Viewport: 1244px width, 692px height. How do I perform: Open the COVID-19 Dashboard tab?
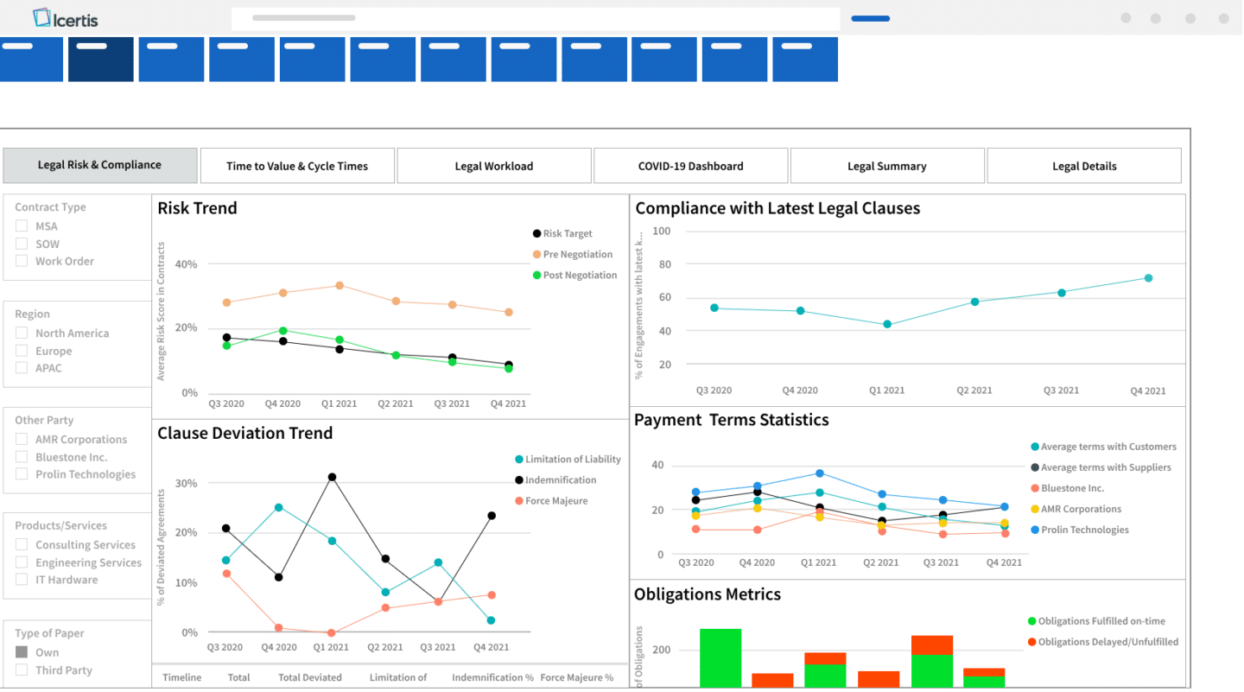click(x=690, y=166)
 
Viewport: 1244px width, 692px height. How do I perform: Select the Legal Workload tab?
click(x=494, y=166)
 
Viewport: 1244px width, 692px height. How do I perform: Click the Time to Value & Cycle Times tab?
click(x=297, y=166)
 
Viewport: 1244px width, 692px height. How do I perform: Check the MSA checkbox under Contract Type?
click(x=22, y=226)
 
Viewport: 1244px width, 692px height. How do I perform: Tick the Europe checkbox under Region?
click(x=22, y=351)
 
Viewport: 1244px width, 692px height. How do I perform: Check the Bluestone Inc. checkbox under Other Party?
click(x=22, y=457)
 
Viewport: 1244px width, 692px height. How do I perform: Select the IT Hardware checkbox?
click(x=22, y=580)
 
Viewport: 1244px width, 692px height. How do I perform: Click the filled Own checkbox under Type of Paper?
click(x=22, y=652)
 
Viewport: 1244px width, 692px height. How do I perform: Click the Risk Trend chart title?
click(x=197, y=208)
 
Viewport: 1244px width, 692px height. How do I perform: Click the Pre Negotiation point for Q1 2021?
click(x=340, y=285)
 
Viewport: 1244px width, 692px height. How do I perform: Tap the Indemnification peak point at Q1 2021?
click(x=332, y=477)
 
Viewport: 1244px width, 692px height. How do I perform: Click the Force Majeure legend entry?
click(x=555, y=501)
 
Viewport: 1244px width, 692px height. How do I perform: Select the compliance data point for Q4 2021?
click(x=1148, y=278)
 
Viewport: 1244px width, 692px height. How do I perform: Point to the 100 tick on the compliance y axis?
click(x=662, y=232)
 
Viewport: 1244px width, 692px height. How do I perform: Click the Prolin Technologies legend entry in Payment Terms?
click(x=1084, y=530)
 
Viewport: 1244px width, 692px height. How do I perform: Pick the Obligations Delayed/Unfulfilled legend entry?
click(x=1108, y=642)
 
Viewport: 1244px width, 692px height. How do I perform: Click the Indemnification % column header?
click(x=492, y=678)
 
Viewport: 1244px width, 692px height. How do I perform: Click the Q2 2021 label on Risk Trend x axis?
click(x=395, y=403)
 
